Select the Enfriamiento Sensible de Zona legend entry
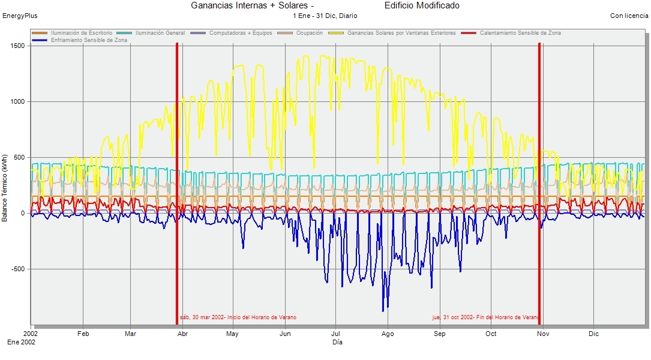(x=88, y=40)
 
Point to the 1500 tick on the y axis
(x=17, y=46)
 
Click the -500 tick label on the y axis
(x=17, y=269)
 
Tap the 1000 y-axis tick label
(x=17, y=101)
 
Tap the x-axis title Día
(x=337, y=342)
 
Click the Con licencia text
(x=629, y=16)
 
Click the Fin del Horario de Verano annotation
(x=485, y=317)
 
